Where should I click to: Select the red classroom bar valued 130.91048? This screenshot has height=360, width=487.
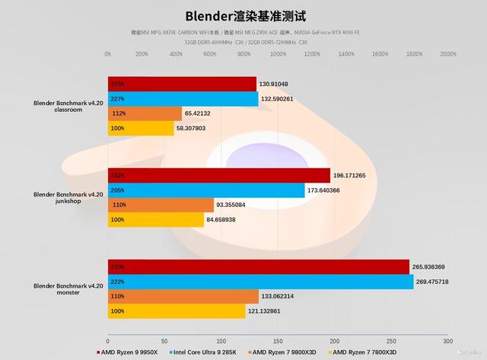[182, 84]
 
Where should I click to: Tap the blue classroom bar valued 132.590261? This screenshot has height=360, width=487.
[183, 99]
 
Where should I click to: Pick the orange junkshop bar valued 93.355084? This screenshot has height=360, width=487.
[161, 205]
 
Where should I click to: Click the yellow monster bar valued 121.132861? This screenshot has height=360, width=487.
[177, 311]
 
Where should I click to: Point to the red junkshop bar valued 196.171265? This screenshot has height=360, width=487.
[219, 175]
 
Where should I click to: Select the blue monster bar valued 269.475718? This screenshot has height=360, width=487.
[260, 282]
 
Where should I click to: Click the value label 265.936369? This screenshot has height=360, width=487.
[434, 267]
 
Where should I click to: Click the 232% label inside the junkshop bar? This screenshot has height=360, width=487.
[118, 175]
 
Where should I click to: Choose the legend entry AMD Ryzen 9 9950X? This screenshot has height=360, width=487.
[129, 352]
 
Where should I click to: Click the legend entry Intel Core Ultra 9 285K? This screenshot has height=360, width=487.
[205, 352]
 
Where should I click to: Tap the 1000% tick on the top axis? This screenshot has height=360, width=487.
[278, 54]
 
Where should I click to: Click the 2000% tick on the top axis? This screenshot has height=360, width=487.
[447, 54]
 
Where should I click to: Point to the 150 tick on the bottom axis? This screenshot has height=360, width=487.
[278, 342]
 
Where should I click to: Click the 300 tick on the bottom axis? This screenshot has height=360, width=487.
[447, 342]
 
